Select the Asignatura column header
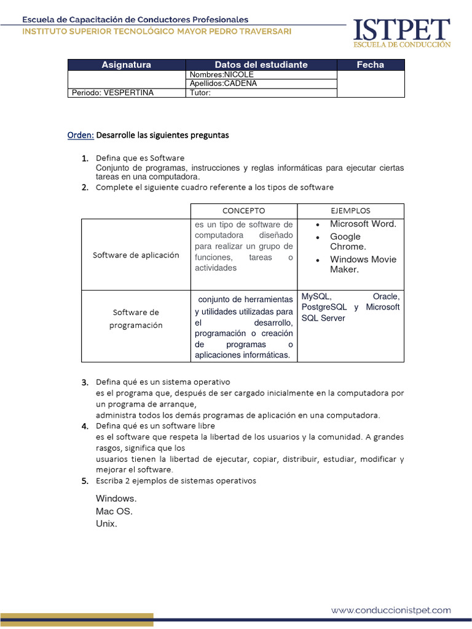click(x=126, y=64)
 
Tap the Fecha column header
click(x=370, y=64)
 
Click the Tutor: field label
click(x=200, y=93)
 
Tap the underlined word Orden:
click(x=81, y=135)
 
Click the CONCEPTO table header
click(x=243, y=211)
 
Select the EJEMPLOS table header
click(x=350, y=211)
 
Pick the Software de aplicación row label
click(x=136, y=255)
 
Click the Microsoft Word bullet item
click(x=363, y=224)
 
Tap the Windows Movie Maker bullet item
click(x=363, y=264)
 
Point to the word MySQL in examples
click(x=316, y=297)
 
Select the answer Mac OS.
click(x=114, y=511)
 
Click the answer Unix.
click(x=106, y=524)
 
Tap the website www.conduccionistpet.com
click(x=391, y=610)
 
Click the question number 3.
click(x=85, y=383)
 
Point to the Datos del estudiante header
click(x=261, y=64)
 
